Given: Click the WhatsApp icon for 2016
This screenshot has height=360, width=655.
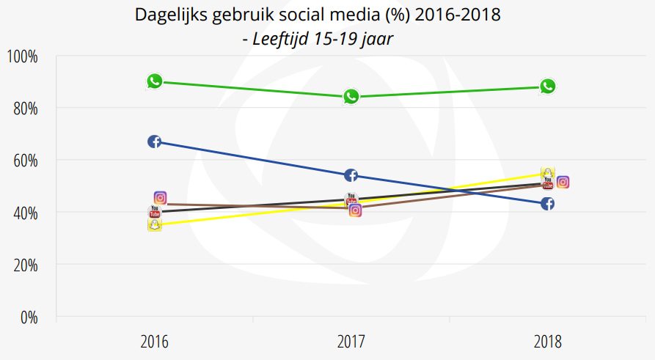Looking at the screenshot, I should pyautogui.click(x=154, y=81).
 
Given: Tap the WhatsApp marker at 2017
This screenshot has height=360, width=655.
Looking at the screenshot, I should pyautogui.click(x=351, y=97).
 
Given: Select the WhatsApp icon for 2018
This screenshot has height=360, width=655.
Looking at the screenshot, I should pyautogui.click(x=548, y=87).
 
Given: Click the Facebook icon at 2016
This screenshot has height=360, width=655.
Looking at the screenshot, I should pyautogui.click(x=154, y=142).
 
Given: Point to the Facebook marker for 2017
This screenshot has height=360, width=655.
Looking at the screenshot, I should pyautogui.click(x=351, y=175).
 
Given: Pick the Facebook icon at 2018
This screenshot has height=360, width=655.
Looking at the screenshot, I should pyautogui.click(x=547, y=204).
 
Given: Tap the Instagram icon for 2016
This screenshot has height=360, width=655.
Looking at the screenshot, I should pyautogui.click(x=161, y=198).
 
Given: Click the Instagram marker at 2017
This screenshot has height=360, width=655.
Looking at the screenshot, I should pyautogui.click(x=356, y=211).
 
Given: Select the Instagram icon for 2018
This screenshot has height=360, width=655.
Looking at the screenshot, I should pyautogui.click(x=563, y=182).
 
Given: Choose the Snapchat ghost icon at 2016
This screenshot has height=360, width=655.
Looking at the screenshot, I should pyautogui.click(x=154, y=225).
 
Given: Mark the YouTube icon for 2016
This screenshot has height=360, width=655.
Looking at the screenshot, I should pyautogui.click(x=154, y=212).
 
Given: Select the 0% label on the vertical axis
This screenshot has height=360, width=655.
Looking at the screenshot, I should pyautogui.click(x=29, y=317).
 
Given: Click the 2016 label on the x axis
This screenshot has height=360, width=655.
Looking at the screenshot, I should pyautogui.click(x=154, y=342).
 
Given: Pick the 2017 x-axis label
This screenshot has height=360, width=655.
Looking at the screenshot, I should pyautogui.click(x=351, y=342).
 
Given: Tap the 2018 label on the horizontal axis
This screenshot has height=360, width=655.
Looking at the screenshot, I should pyautogui.click(x=548, y=342).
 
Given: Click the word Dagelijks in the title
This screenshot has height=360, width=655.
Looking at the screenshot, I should pyautogui.click(x=168, y=15).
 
